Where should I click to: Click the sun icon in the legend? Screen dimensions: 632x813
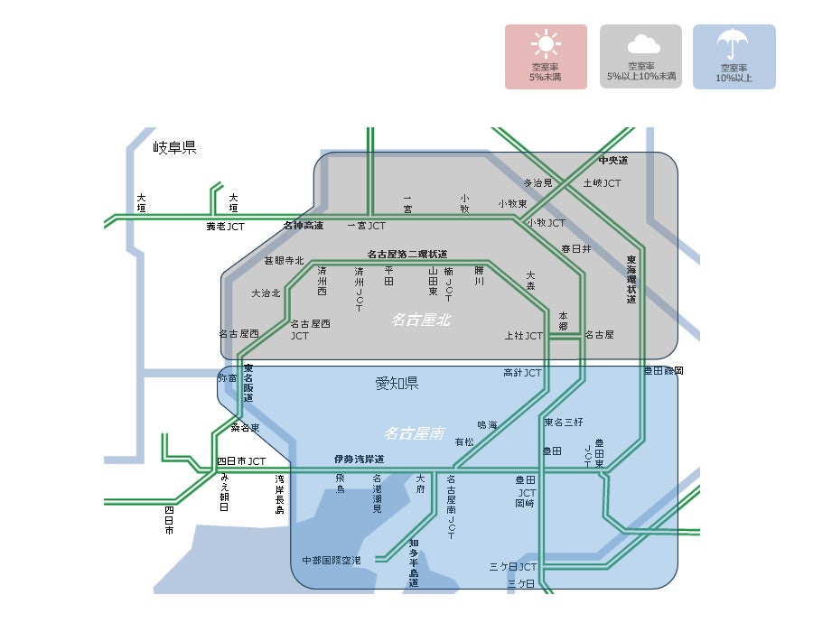coord(546,45)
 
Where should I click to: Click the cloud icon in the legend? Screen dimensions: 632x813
coord(641,44)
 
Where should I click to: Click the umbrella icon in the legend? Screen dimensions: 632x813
coord(734,44)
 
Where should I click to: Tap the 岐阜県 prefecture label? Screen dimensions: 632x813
coord(174,147)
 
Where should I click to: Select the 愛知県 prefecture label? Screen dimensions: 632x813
coord(397,384)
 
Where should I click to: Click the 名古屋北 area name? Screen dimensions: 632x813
coord(420,320)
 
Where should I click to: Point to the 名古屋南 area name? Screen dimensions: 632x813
coord(415,433)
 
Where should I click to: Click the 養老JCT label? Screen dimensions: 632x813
coord(225,227)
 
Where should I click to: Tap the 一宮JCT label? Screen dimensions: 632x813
coord(366,226)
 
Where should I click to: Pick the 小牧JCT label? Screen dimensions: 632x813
coord(546,223)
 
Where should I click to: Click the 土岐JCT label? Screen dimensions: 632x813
coord(602,183)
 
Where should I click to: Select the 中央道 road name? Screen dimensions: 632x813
coord(612,160)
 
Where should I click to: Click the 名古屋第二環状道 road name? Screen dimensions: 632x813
coord(406,255)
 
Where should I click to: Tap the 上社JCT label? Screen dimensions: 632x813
coord(524,336)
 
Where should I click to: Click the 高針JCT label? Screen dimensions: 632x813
coord(522,372)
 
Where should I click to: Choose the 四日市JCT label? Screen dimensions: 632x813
coord(241,461)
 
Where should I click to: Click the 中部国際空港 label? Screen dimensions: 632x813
coord(332,561)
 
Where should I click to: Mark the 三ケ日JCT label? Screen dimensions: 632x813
coord(513,567)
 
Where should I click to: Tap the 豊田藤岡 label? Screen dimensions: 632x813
coord(663,371)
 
